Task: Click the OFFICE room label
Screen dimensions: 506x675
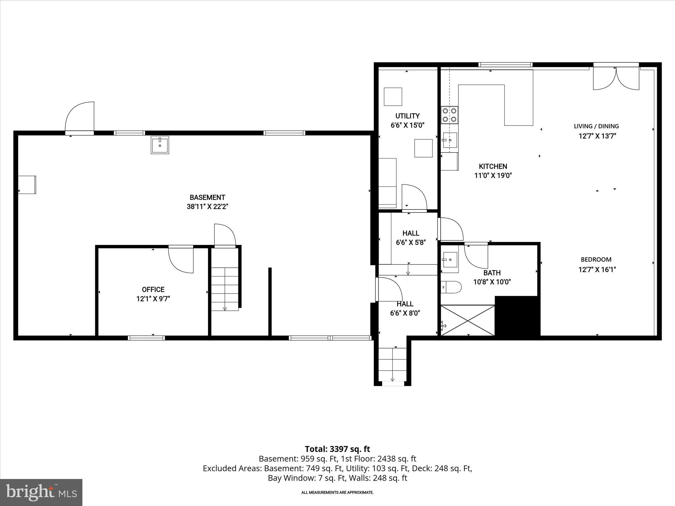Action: pyautogui.click(x=153, y=290)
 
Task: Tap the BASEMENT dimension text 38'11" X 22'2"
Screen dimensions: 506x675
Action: pyautogui.click(x=207, y=207)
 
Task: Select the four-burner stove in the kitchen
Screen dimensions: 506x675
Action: pyautogui.click(x=450, y=115)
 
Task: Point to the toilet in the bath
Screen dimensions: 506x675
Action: pyautogui.click(x=451, y=287)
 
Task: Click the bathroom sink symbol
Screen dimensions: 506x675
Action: pyautogui.click(x=450, y=260)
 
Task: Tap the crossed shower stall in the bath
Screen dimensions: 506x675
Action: pyautogui.click(x=468, y=321)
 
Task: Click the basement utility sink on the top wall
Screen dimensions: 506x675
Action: pyautogui.click(x=160, y=145)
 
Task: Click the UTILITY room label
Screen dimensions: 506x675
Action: pyautogui.click(x=407, y=116)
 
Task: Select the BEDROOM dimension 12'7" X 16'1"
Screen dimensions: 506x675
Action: pyautogui.click(x=597, y=269)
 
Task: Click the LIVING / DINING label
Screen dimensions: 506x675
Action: pyautogui.click(x=596, y=126)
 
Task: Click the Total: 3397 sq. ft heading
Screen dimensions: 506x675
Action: pyautogui.click(x=337, y=449)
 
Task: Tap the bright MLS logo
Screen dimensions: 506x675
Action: pyautogui.click(x=41, y=492)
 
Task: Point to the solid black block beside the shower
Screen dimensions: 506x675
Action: pyautogui.click(x=517, y=316)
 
